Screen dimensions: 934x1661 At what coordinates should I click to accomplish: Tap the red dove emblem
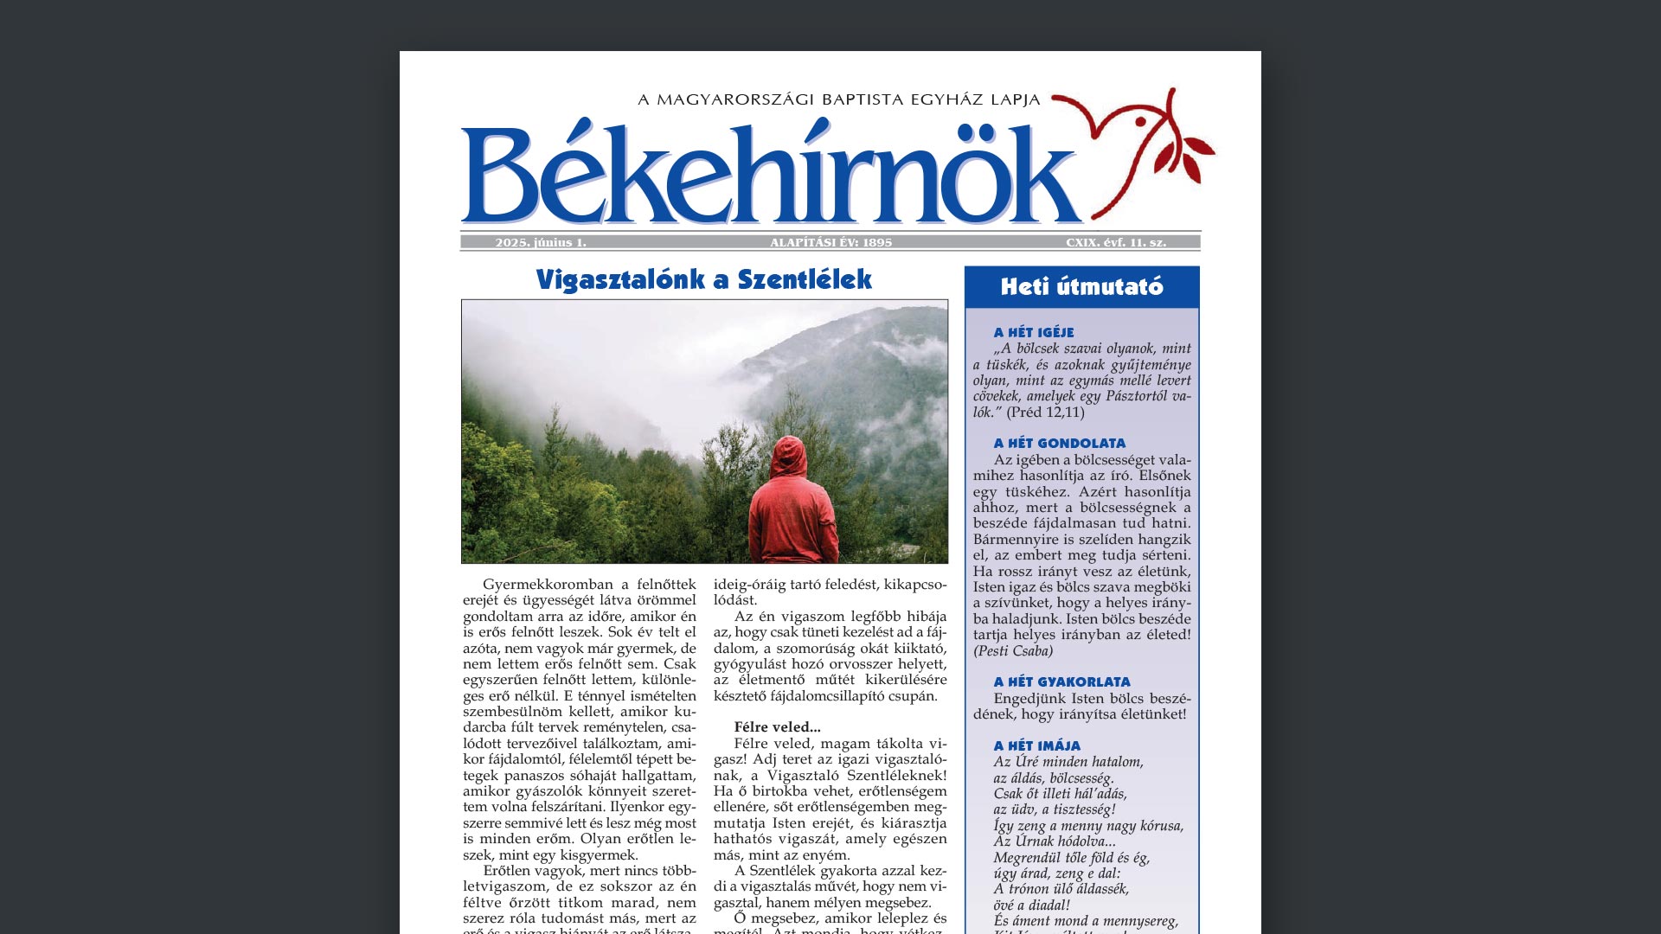click(1116, 130)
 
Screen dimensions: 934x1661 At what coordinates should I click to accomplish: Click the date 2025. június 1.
click(541, 243)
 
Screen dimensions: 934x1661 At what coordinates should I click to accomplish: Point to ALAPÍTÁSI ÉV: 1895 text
click(830, 243)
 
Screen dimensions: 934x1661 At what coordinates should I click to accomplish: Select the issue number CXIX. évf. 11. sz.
click(1116, 243)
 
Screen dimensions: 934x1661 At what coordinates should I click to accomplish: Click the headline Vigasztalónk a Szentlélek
click(703, 280)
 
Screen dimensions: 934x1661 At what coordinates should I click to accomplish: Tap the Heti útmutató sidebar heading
click(1081, 287)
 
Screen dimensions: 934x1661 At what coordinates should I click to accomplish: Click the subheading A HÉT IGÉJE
click(1034, 333)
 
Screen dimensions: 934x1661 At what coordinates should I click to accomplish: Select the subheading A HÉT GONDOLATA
click(1060, 444)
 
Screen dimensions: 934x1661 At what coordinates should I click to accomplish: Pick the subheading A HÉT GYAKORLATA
click(1061, 682)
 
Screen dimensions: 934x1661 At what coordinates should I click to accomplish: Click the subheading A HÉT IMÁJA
click(1036, 746)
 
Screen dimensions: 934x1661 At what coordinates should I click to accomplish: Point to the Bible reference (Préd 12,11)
click(1045, 413)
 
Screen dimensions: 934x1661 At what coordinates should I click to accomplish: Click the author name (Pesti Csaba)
click(1013, 651)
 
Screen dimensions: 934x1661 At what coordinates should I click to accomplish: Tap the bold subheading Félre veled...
click(777, 727)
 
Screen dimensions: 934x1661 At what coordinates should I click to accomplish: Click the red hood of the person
click(789, 458)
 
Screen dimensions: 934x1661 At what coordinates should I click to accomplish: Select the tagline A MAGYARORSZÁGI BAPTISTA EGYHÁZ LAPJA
click(838, 100)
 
